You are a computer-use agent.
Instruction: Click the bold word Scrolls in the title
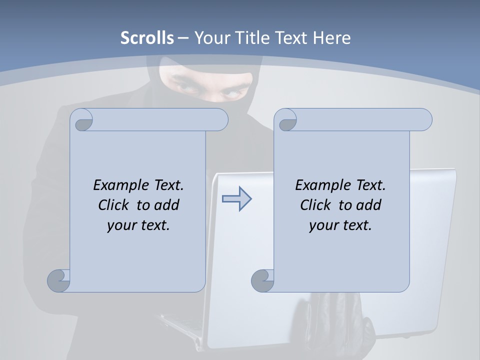[147, 37]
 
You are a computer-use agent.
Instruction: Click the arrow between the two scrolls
[236, 199]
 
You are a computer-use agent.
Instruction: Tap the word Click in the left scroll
[115, 205]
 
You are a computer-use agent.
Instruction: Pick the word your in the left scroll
[119, 225]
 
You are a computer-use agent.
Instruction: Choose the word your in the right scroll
[321, 225]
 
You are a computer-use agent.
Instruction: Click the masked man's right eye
[186, 88]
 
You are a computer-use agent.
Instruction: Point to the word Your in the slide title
[209, 37]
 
